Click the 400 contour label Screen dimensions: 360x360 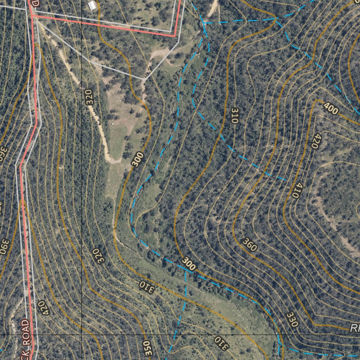(330, 109)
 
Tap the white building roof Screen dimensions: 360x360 (92, 5)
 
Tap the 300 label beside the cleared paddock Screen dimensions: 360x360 (138, 159)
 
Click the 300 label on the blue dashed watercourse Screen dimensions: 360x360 (189, 264)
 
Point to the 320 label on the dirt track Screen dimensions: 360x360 (89, 97)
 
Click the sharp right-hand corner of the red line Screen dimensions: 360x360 (175, 36)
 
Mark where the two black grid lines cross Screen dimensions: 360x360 (82, 335)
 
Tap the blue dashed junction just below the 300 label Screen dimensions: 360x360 (186, 272)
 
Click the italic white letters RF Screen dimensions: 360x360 (355, 328)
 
